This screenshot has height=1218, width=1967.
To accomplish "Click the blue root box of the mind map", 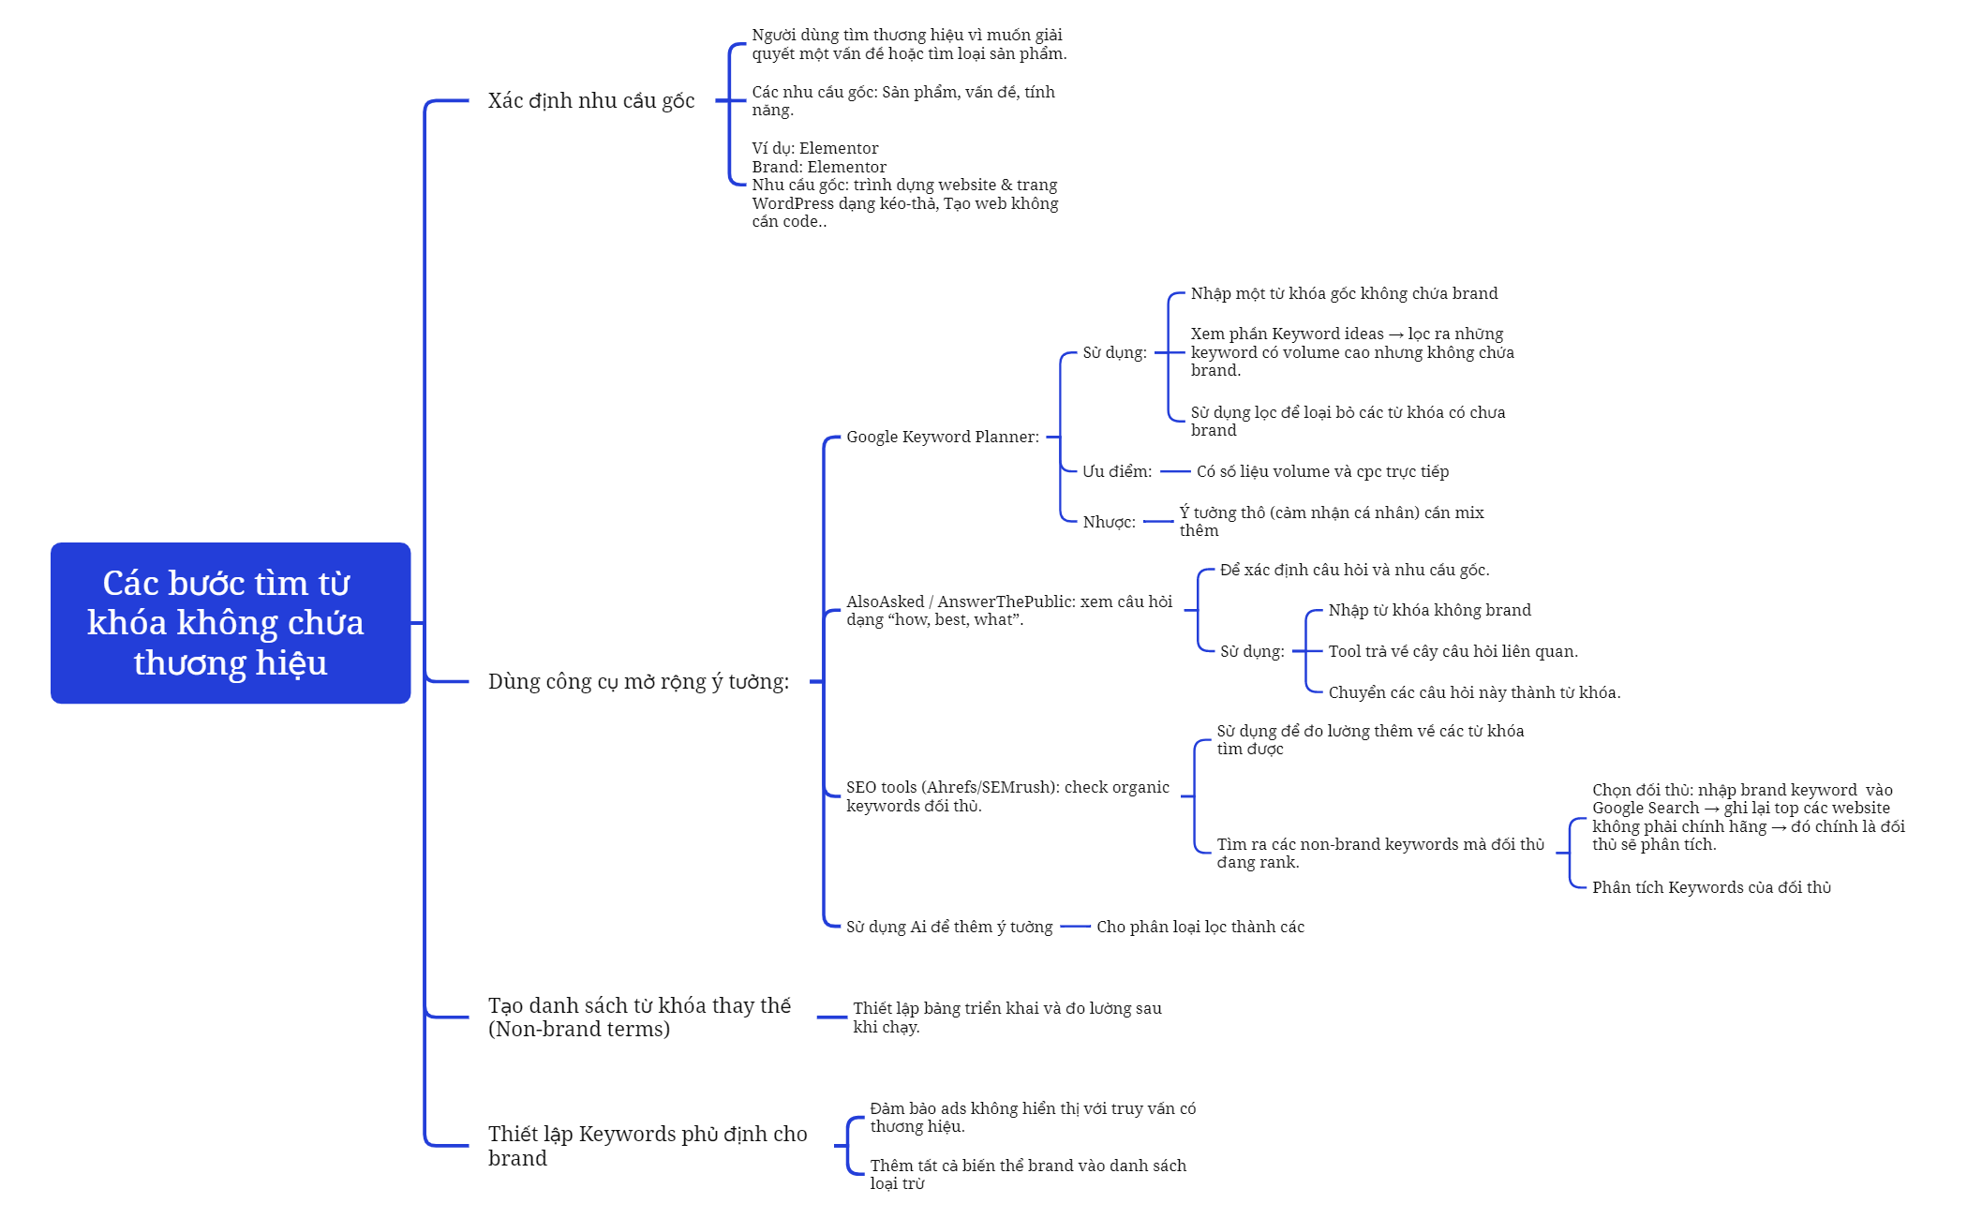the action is (231, 622).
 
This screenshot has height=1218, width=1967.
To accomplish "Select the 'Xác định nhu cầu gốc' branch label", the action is (591, 101).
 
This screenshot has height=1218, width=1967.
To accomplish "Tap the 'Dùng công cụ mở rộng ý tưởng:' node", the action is (639, 682).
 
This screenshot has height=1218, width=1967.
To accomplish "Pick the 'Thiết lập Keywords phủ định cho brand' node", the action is (648, 1146).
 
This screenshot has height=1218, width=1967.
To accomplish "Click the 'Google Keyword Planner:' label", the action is (943, 437).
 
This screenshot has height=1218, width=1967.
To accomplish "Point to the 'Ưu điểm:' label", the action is (1117, 471).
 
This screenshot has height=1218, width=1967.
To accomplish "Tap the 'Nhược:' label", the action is (1110, 522).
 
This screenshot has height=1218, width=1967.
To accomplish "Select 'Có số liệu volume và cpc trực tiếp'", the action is (1322, 471).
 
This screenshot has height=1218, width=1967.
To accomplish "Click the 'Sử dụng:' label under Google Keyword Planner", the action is (1115, 352).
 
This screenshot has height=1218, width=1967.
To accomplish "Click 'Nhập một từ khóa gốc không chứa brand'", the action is (1344, 293).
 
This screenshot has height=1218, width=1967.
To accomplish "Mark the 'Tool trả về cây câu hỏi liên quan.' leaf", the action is (1453, 651).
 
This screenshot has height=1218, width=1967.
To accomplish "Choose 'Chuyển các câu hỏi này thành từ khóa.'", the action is (1474, 692).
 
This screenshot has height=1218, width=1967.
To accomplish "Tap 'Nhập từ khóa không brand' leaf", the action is (1429, 610).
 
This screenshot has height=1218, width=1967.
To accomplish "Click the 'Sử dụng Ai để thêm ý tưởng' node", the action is (949, 927).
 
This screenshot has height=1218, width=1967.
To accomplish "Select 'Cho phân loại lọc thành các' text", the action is (1200, 927).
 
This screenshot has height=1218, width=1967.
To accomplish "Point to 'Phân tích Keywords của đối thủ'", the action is (1711, 887).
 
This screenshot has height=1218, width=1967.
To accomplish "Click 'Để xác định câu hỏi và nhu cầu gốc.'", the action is (1354, 570).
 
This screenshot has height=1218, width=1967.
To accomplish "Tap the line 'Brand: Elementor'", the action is (819, 167).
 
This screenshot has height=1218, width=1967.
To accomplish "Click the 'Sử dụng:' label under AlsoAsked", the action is (1252, 651).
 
